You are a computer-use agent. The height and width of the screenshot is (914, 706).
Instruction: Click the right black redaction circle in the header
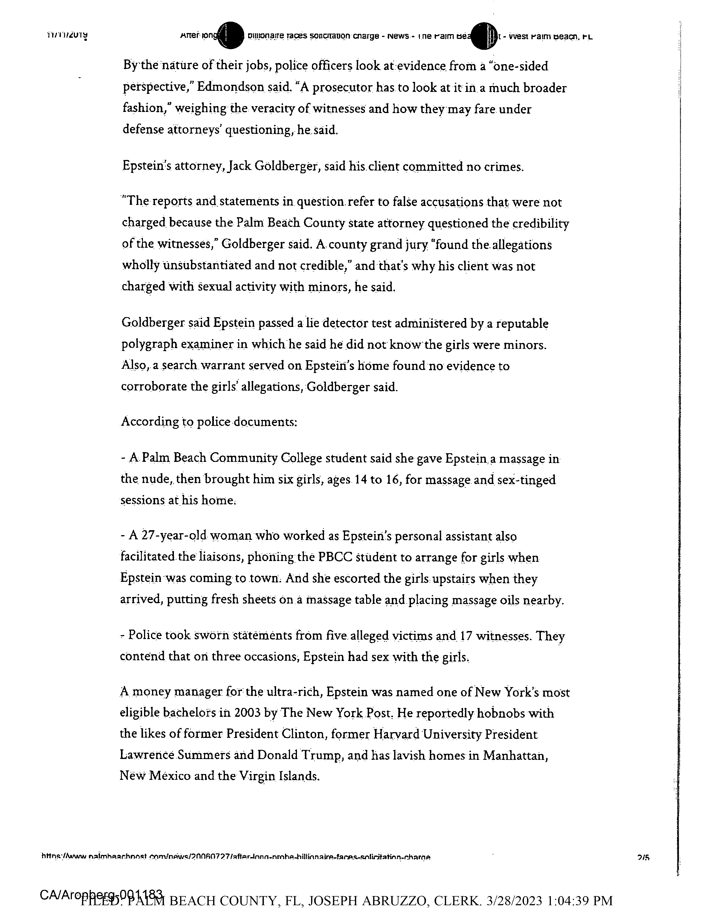[484, 36]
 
